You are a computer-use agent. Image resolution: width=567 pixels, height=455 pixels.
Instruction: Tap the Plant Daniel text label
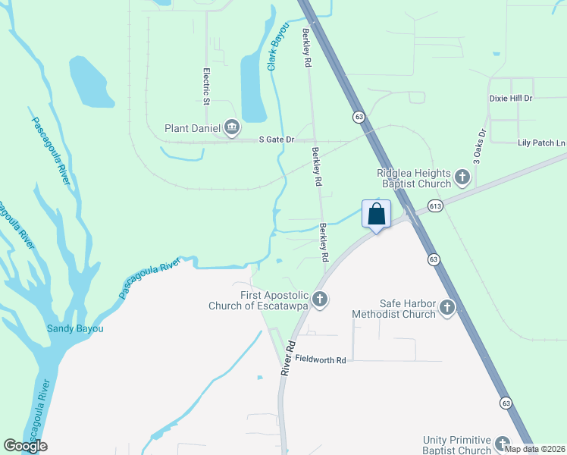(193, 129)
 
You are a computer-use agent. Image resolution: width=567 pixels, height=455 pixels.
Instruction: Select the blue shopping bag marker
(377, 215)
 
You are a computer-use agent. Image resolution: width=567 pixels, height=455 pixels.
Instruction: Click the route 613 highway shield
(435, 206)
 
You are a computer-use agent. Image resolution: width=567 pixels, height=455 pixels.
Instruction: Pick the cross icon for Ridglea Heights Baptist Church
(462, 178)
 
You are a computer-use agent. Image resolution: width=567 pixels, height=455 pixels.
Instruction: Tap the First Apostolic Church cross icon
(320, 300)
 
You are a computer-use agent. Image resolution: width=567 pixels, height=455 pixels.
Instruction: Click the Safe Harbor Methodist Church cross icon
(447, 308)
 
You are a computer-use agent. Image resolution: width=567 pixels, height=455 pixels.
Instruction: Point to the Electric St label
(205, 86)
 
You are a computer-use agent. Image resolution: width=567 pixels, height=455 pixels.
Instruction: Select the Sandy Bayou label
(75, 328)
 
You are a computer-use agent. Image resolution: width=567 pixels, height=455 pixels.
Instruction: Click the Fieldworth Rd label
(321, 359)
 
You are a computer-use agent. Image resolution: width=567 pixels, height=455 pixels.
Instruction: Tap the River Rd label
(287, 357)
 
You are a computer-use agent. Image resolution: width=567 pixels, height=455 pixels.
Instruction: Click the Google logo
(25, 446)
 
